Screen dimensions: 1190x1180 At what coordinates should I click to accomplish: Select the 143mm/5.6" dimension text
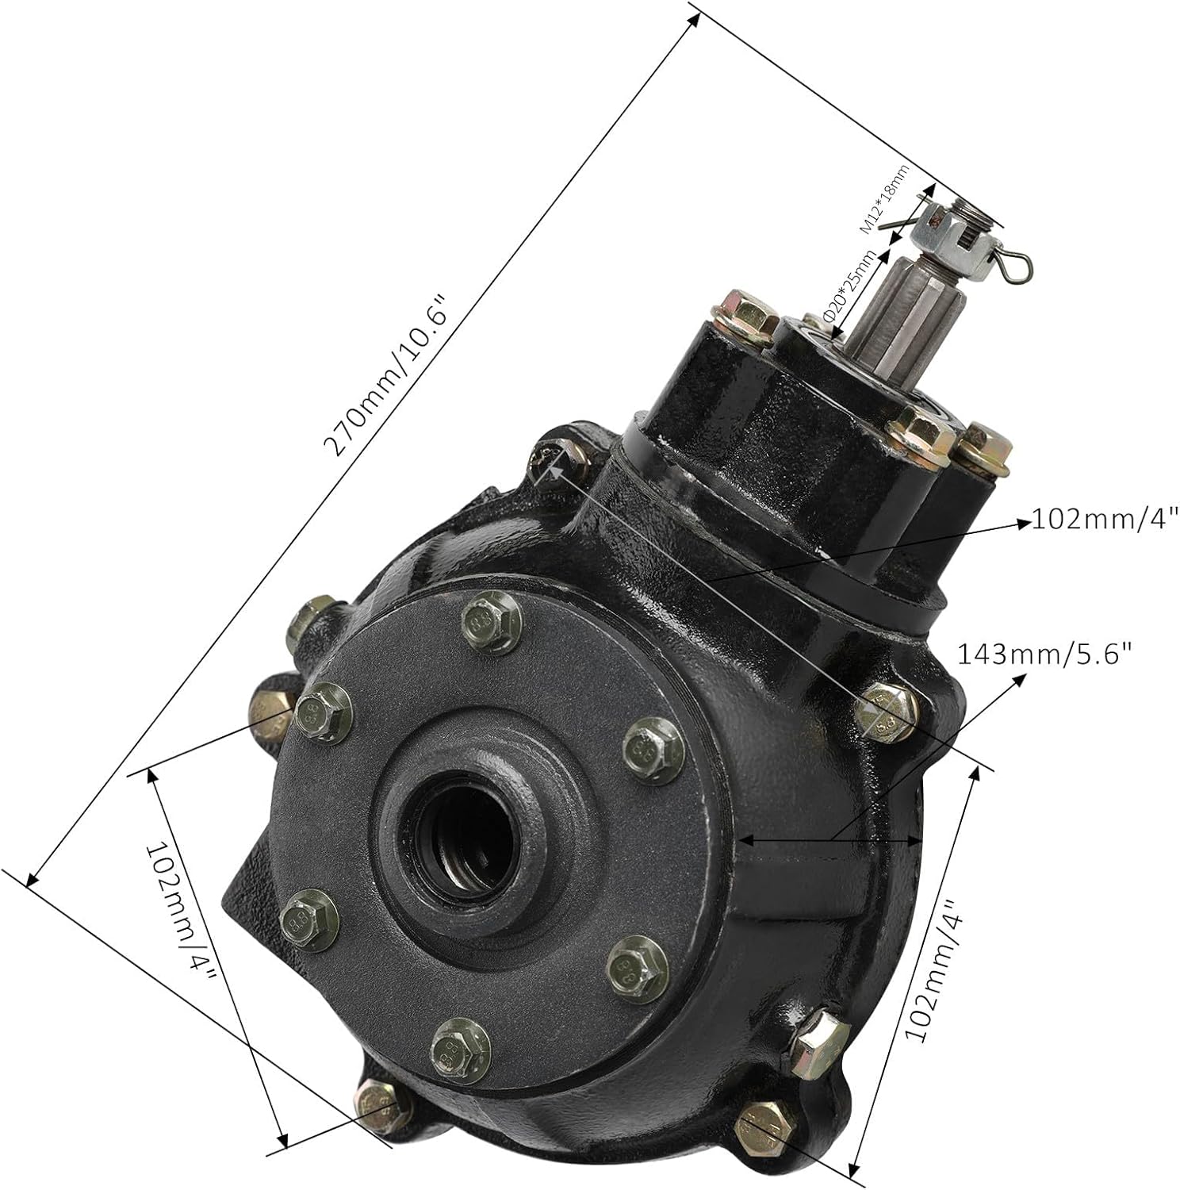pos(1044,654)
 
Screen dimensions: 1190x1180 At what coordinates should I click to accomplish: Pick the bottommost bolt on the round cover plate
pos(460,1047)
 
